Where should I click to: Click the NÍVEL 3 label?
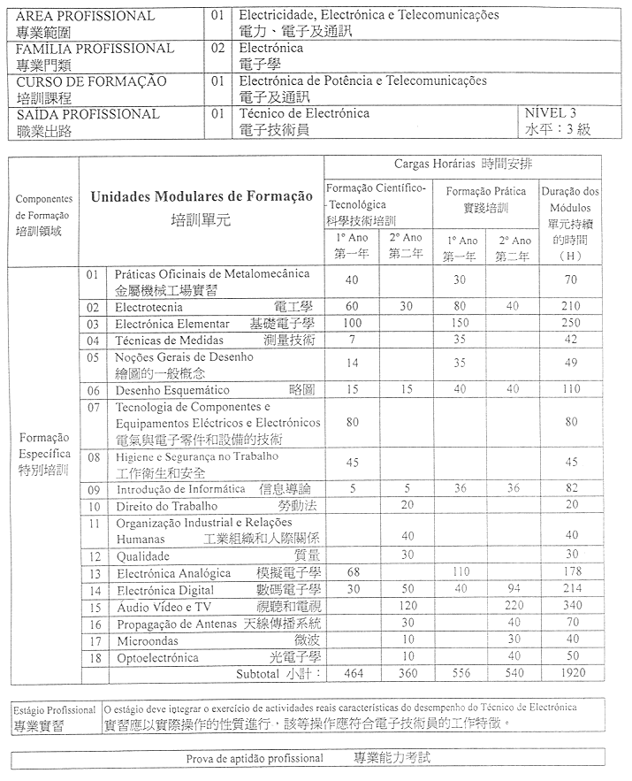click(x=550, y=113)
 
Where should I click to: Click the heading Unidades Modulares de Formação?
click(x=202, y=195)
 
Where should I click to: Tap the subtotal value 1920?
click(x=571, y=674)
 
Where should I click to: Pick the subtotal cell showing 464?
click(x=352, y=674)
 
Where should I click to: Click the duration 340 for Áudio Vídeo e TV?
click(x=571, y=607)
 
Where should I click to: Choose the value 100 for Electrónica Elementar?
click(x=352, y=324)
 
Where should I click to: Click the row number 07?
click(x=94, y=408)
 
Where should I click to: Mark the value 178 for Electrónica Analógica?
click(x=571, y=573)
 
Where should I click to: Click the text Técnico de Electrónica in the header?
click(x=304, y=113)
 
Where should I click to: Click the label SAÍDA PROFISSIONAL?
click(x=88, y=114)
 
